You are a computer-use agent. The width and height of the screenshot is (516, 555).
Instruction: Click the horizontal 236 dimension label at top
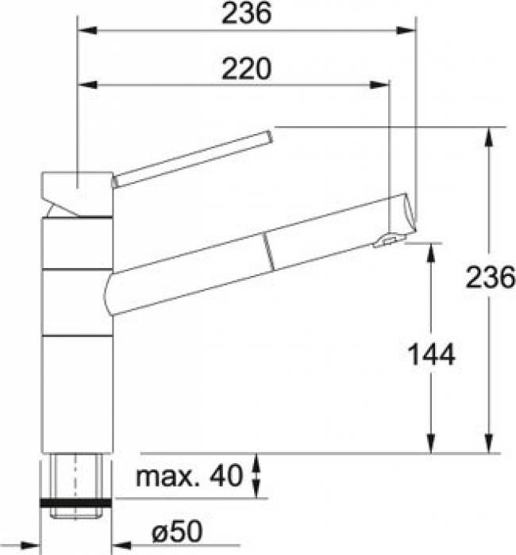[247, 13]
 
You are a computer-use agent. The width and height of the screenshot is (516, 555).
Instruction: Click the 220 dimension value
[247, 69]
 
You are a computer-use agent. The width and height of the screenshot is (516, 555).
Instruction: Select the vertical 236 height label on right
[490, 277]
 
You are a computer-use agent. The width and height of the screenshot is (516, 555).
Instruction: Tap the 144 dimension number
[431, 354]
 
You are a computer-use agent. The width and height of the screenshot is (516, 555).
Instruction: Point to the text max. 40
[189, 476]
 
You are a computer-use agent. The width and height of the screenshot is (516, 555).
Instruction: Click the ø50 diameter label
[177, 531]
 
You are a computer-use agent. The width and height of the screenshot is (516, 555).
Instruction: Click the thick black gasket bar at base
[76, 503]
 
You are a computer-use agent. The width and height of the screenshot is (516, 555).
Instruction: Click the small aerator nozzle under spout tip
[389, 241]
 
